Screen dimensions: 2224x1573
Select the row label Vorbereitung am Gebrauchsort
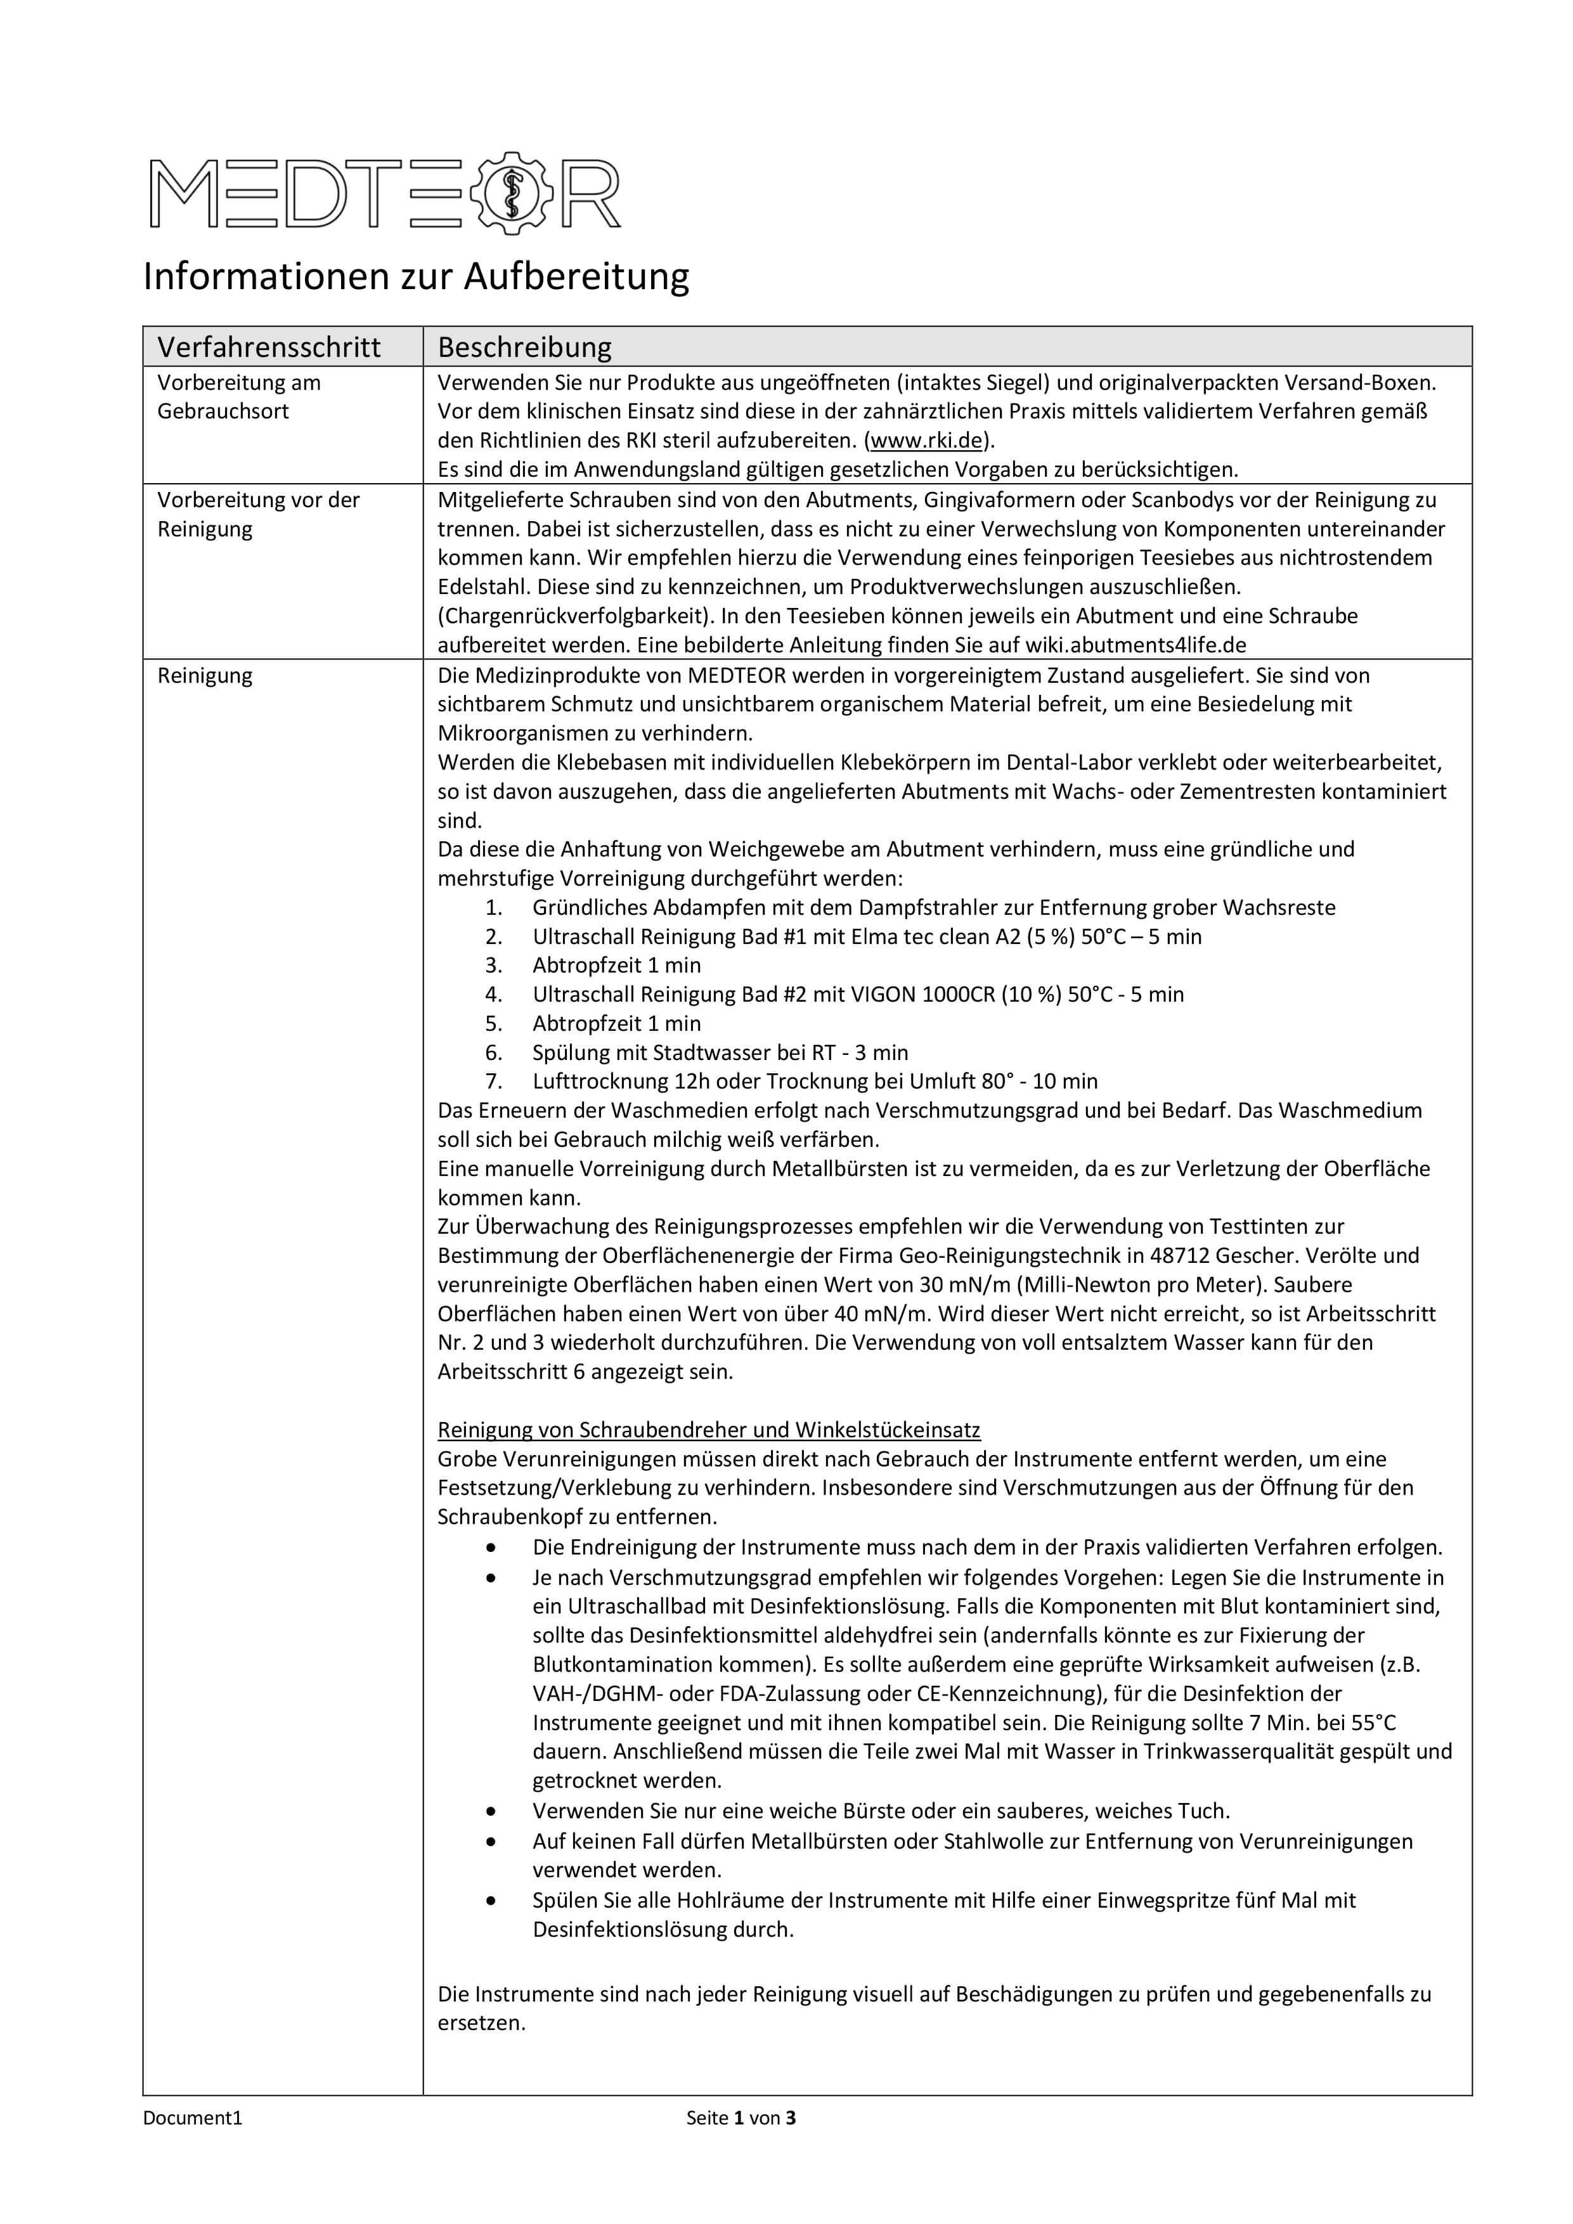(238, 396)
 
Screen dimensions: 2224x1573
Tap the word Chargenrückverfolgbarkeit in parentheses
(571, 616)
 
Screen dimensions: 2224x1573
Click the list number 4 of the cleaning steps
(494, 995)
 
